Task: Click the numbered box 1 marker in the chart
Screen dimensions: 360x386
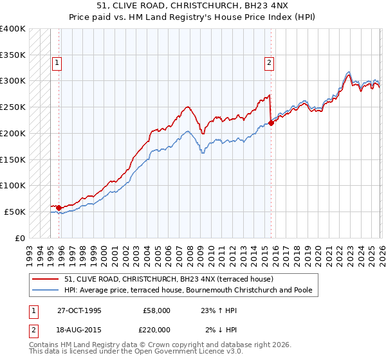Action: [x=57, y=63]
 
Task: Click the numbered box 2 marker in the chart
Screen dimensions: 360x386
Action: [x=268, y=63]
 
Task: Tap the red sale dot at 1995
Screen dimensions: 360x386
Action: [x=59, y=208]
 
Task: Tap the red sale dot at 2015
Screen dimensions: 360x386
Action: [x=271, y=123]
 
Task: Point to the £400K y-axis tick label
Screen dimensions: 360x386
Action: [x=13, y=29]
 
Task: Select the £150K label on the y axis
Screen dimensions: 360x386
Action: [x=13, y=159]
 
